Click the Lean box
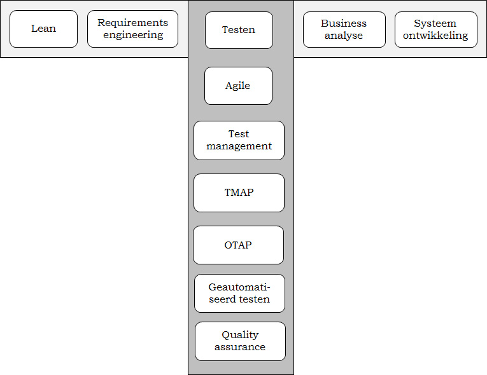[43, 29]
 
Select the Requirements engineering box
[132, 29]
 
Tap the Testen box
[239, 30]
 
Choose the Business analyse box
[344, 29]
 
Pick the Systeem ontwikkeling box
[435, 29]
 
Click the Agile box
[238, 86]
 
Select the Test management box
[239, 140]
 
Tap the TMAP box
[239, 193]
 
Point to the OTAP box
[238, 245]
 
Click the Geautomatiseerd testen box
[239, 293]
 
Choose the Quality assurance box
[240, 341]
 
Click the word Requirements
[132, 23]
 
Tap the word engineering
[133, 35]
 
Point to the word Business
[344, 24]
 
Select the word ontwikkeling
[435, 36]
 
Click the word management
[239, 146]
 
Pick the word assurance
[240, 347]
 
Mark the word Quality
[240, 335]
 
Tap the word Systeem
[435, 24]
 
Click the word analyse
[344, 36]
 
